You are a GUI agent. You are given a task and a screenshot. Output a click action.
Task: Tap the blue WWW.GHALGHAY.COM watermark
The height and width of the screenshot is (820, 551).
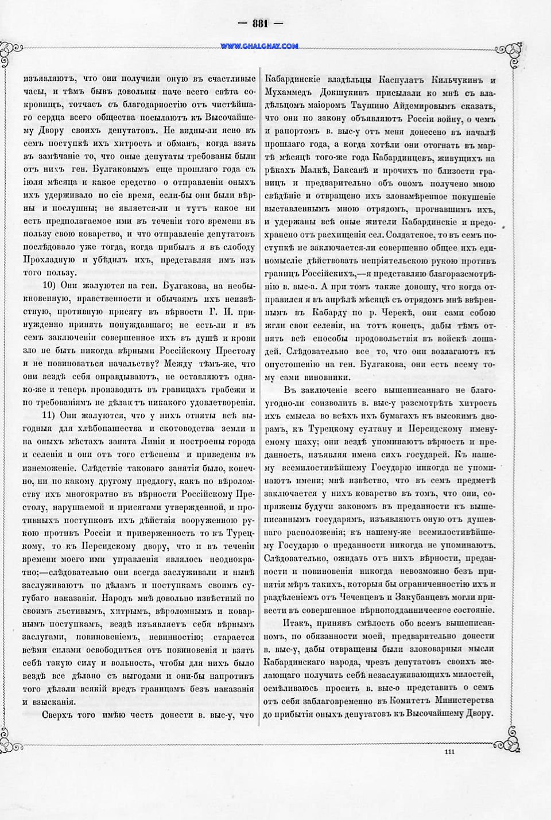[x=259, y=46]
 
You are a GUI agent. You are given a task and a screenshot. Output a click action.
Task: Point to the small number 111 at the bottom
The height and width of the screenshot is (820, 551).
[x=449, y=751]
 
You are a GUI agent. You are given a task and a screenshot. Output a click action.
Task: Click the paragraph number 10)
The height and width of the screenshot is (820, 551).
[x=50, y=285]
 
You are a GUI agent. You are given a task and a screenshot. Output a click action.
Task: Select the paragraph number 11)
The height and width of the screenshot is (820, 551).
[x=50, y=415]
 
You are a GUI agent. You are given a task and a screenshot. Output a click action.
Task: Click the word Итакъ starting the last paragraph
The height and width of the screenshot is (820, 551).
[x=297, y=623]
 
